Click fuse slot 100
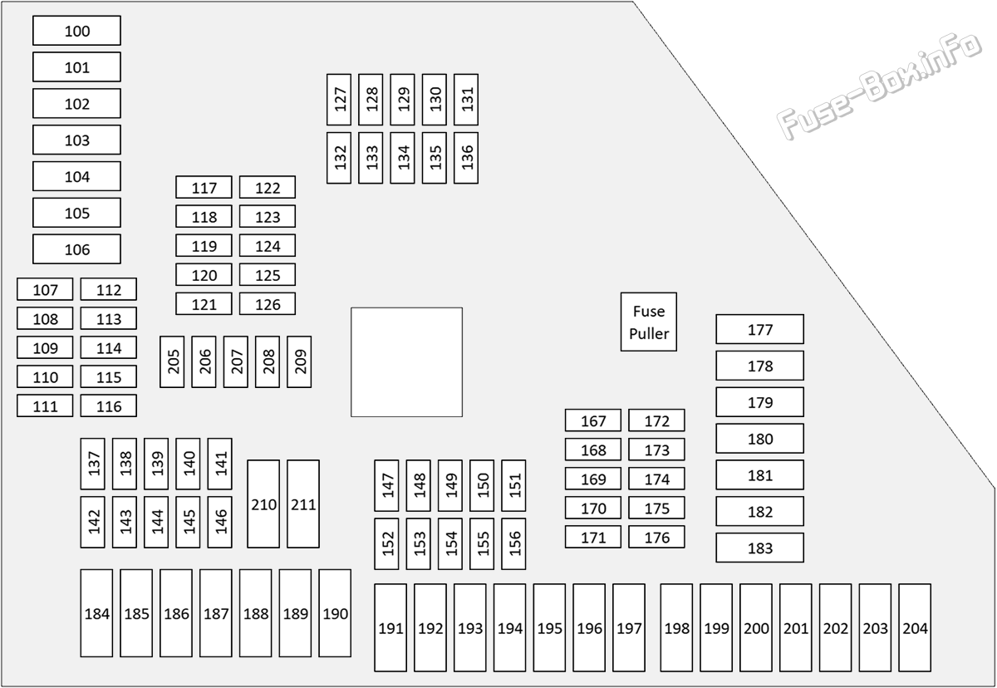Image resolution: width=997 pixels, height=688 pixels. [76, 31]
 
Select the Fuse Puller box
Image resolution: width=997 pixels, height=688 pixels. [649, 322]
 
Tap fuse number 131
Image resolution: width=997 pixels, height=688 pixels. [466, 100]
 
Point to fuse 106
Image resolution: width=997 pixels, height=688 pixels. [76, 249]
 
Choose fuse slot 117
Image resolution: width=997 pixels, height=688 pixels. [204, 187]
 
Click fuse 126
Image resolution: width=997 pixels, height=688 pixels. [267, 304]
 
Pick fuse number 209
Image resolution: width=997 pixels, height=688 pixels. [299, 361]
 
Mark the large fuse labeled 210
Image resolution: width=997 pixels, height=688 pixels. [263, 504]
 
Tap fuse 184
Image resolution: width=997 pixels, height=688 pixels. [96, 613]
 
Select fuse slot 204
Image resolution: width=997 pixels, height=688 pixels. [915, 628]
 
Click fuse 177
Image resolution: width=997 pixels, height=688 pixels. [759, 329]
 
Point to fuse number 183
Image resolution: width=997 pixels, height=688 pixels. [759, 548]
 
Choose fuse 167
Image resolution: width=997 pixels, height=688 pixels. [593, 420]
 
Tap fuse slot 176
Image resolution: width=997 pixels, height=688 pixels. [656, 537]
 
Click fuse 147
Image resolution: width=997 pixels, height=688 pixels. [386, 485]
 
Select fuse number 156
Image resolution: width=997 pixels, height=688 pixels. [513, 543]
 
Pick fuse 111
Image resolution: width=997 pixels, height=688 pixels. [45, 405]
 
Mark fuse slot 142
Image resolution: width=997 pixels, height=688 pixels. [92, 522]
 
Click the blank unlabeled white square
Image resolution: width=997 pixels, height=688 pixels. [406, 362]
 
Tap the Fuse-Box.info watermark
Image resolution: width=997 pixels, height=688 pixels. [879, 86]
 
